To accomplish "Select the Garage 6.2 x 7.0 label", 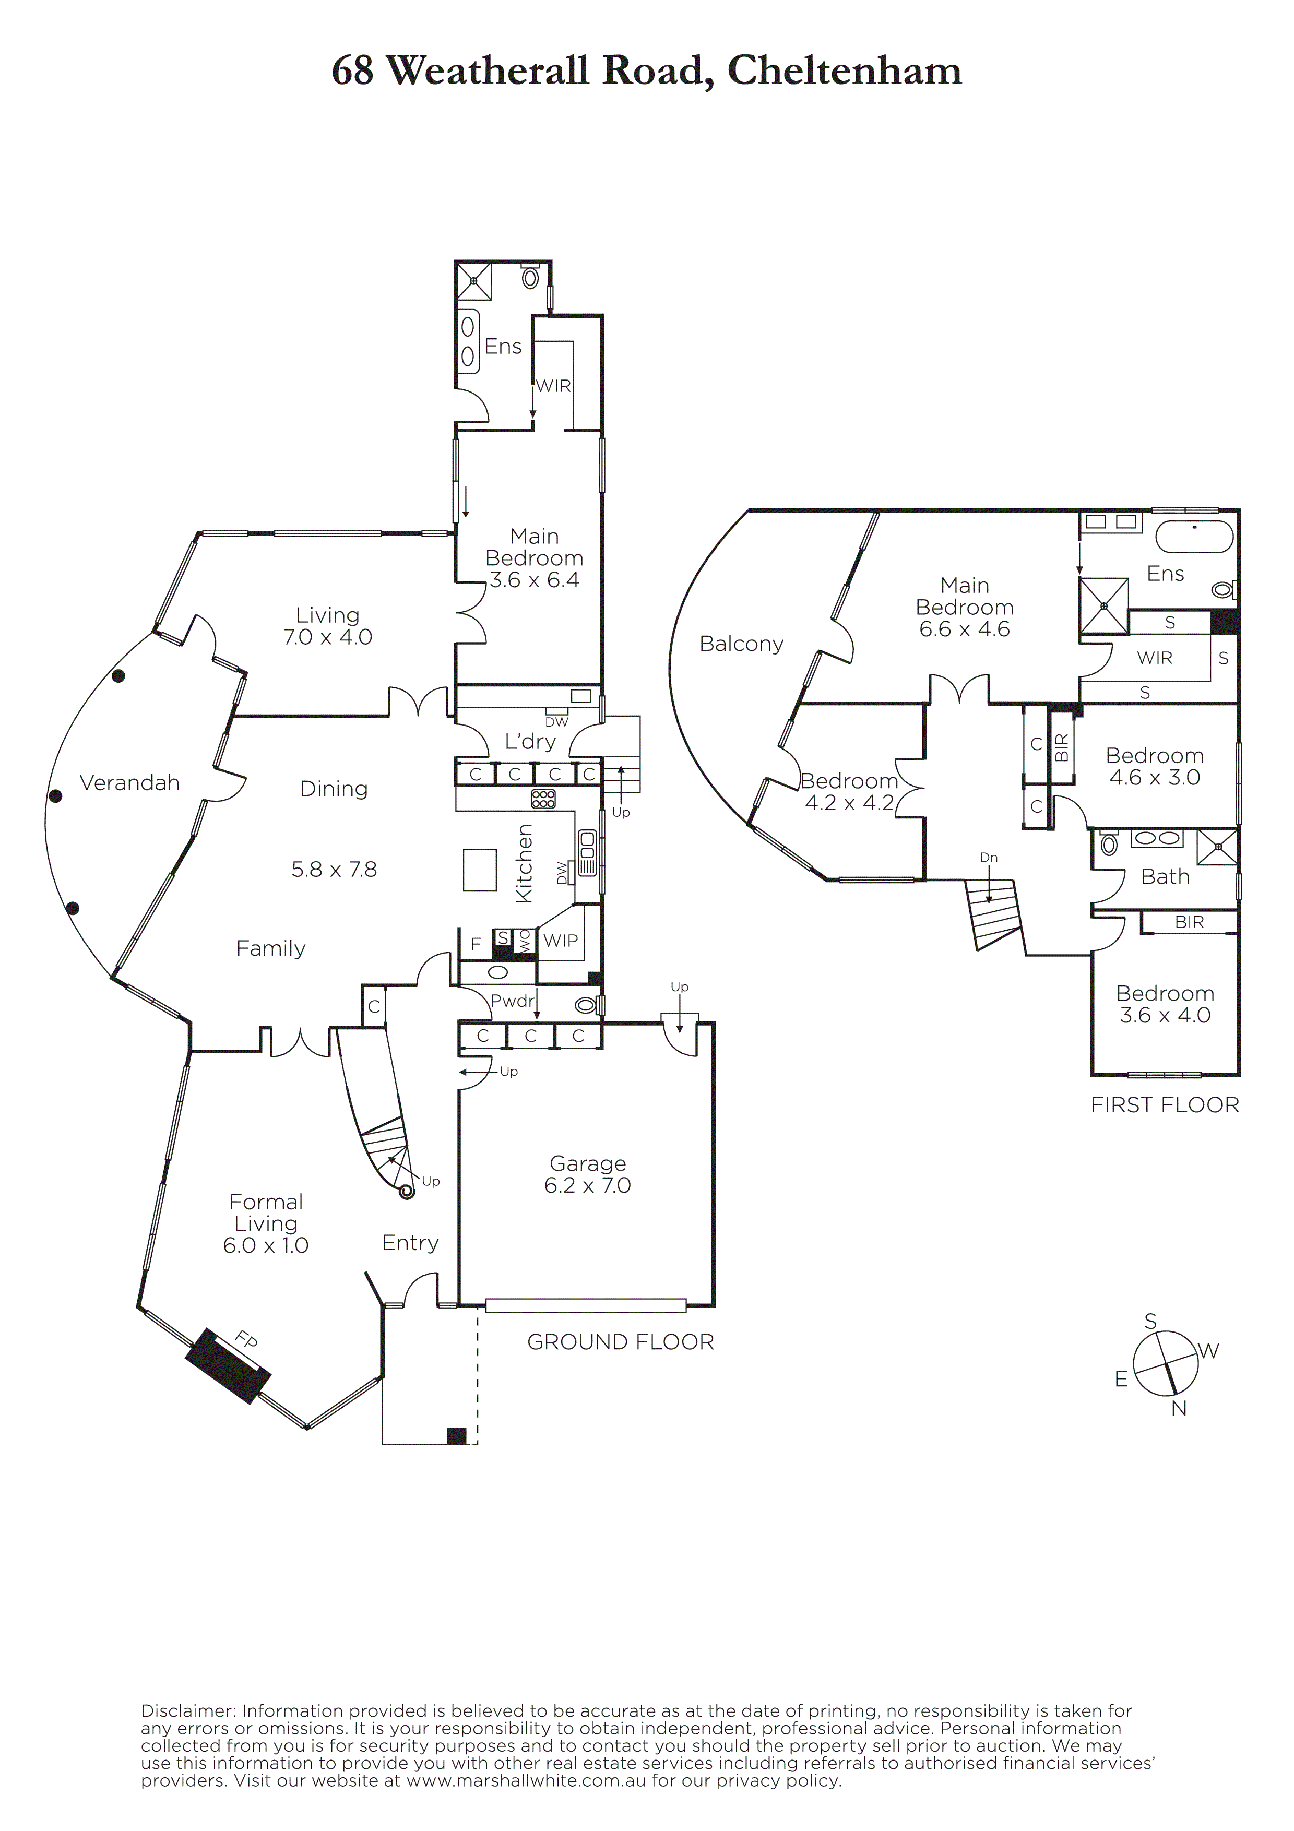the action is pyautogui.click(x=588, y=1175).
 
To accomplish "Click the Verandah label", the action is pyautogui.click(x=130, y=783).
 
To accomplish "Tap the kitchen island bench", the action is pyautogui.click(x=479, y=869).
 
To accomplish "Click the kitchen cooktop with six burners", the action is pyautogui.click(x=543, y=798).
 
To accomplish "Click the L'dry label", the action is pyautogui.click(x=530, y=742).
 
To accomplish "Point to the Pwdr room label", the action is pyautogui.click(x=512, y=1001).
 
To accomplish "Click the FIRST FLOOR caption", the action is pyautogui.click(x=1165, y=1105).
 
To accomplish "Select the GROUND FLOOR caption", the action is pyautogui.click(x=620, y=1342).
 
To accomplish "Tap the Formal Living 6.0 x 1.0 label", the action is pyautogui.click(x=266, y=1223).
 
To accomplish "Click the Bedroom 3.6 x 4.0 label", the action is pyautogui.click(x=1165, y=1004).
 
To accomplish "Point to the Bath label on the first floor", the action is pyautogui.click(x=1165, y=876).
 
